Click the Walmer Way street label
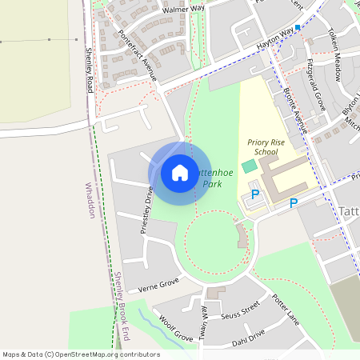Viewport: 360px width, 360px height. (x=183, y=9)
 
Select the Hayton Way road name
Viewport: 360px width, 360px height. (x=278, y=38)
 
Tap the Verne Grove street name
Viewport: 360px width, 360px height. (x=158, y=284)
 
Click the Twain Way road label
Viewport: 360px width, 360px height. (x=203, y=320)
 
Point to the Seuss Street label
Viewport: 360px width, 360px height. (x=241, y=308)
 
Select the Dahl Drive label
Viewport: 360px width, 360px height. (x=248, y=338)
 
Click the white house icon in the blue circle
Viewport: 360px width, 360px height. (x=179, y=173)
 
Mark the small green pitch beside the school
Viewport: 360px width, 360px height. (x=250, y=165)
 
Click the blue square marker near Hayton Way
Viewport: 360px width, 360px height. (x=298, y=28)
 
